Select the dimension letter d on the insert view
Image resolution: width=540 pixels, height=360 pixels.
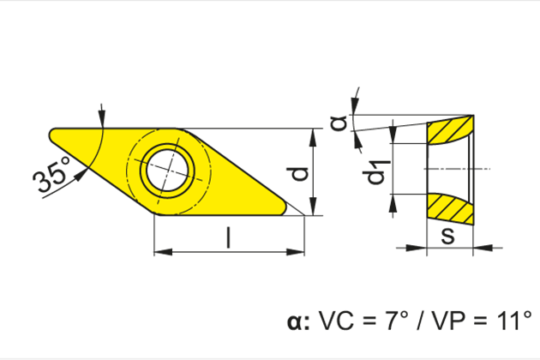click(x=297, y=173)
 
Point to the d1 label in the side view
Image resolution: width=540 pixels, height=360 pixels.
click(x=375, y=172)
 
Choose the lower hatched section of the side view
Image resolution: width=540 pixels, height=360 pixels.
click(x=451, y=208)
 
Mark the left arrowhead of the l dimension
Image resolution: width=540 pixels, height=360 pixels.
click(x=159, y=253)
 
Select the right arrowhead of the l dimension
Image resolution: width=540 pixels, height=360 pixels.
click(x=299, y=253)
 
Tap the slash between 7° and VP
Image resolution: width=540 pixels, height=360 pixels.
click(x=419, y=322)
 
